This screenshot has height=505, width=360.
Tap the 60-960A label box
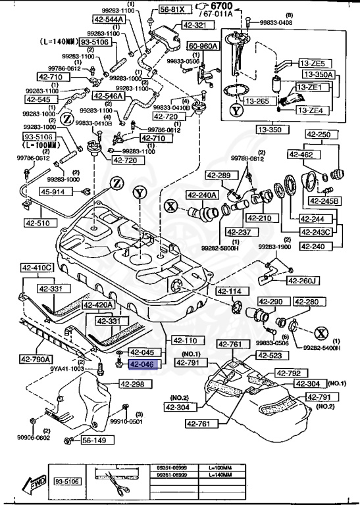pyautogui.click(x=204, y=47)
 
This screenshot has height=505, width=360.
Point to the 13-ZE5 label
pyautogui.click(x=312, y=63)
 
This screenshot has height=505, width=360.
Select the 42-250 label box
pyautogui.click(x=319, y=134)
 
